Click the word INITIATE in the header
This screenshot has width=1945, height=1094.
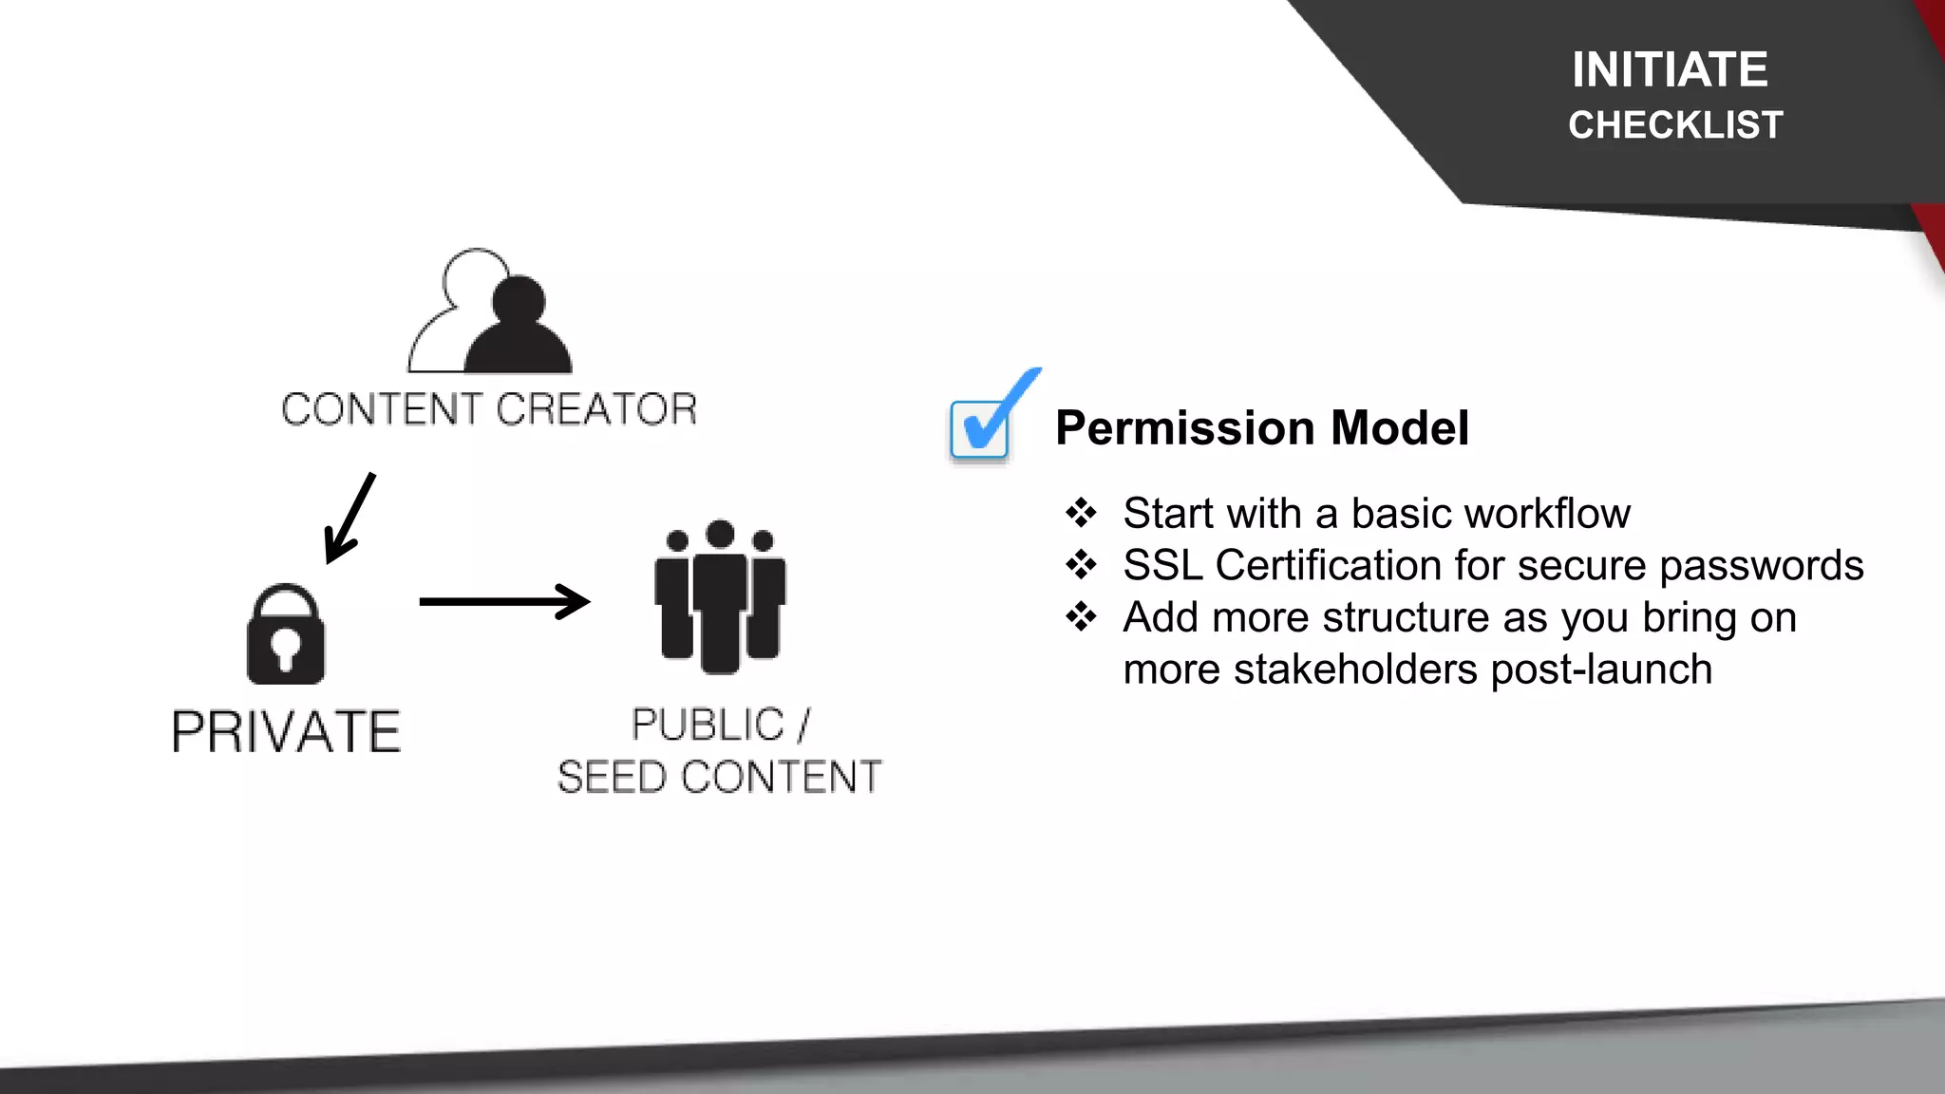(x=1670, y=70)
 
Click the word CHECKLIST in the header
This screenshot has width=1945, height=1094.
(x=1675, y=125)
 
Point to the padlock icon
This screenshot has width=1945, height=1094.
(x=286, y=634)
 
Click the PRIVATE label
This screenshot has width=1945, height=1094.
(x=286, y=732)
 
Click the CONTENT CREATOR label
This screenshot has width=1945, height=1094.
(x=489, y=409)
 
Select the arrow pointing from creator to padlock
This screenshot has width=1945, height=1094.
(x=349, y=519)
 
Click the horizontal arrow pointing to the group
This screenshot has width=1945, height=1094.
(x=504, y=601)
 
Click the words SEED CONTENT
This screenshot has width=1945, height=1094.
(x=719, y=777)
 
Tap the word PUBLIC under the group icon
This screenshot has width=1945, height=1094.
(x=708, y=726)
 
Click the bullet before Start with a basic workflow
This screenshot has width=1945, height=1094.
(x=1081, y=514)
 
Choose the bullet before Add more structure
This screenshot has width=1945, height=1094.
(x=1081, y=617)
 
